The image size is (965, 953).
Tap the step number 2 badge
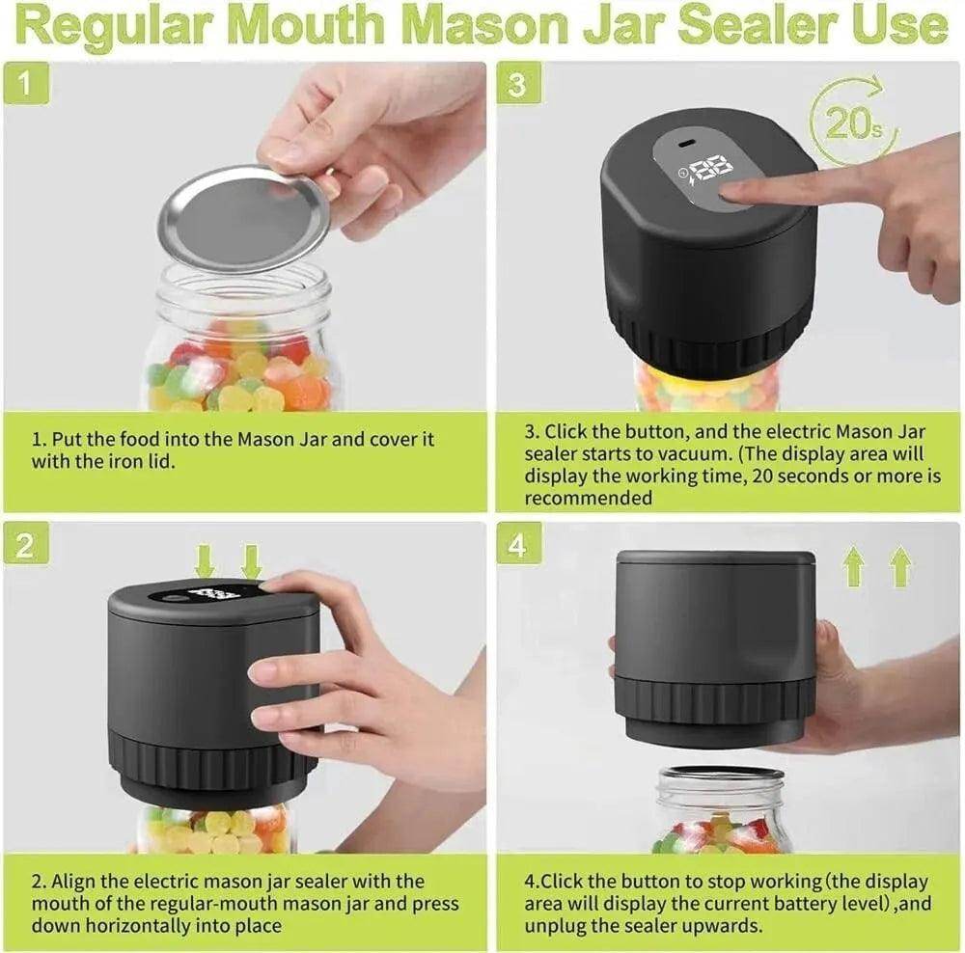[25, 546]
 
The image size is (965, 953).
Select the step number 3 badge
[518, 84]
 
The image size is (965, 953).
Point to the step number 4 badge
[518, 546]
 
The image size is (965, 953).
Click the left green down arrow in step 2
[205, 560]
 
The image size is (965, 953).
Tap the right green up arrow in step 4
[900, 567]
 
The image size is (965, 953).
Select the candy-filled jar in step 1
[241, 347]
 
